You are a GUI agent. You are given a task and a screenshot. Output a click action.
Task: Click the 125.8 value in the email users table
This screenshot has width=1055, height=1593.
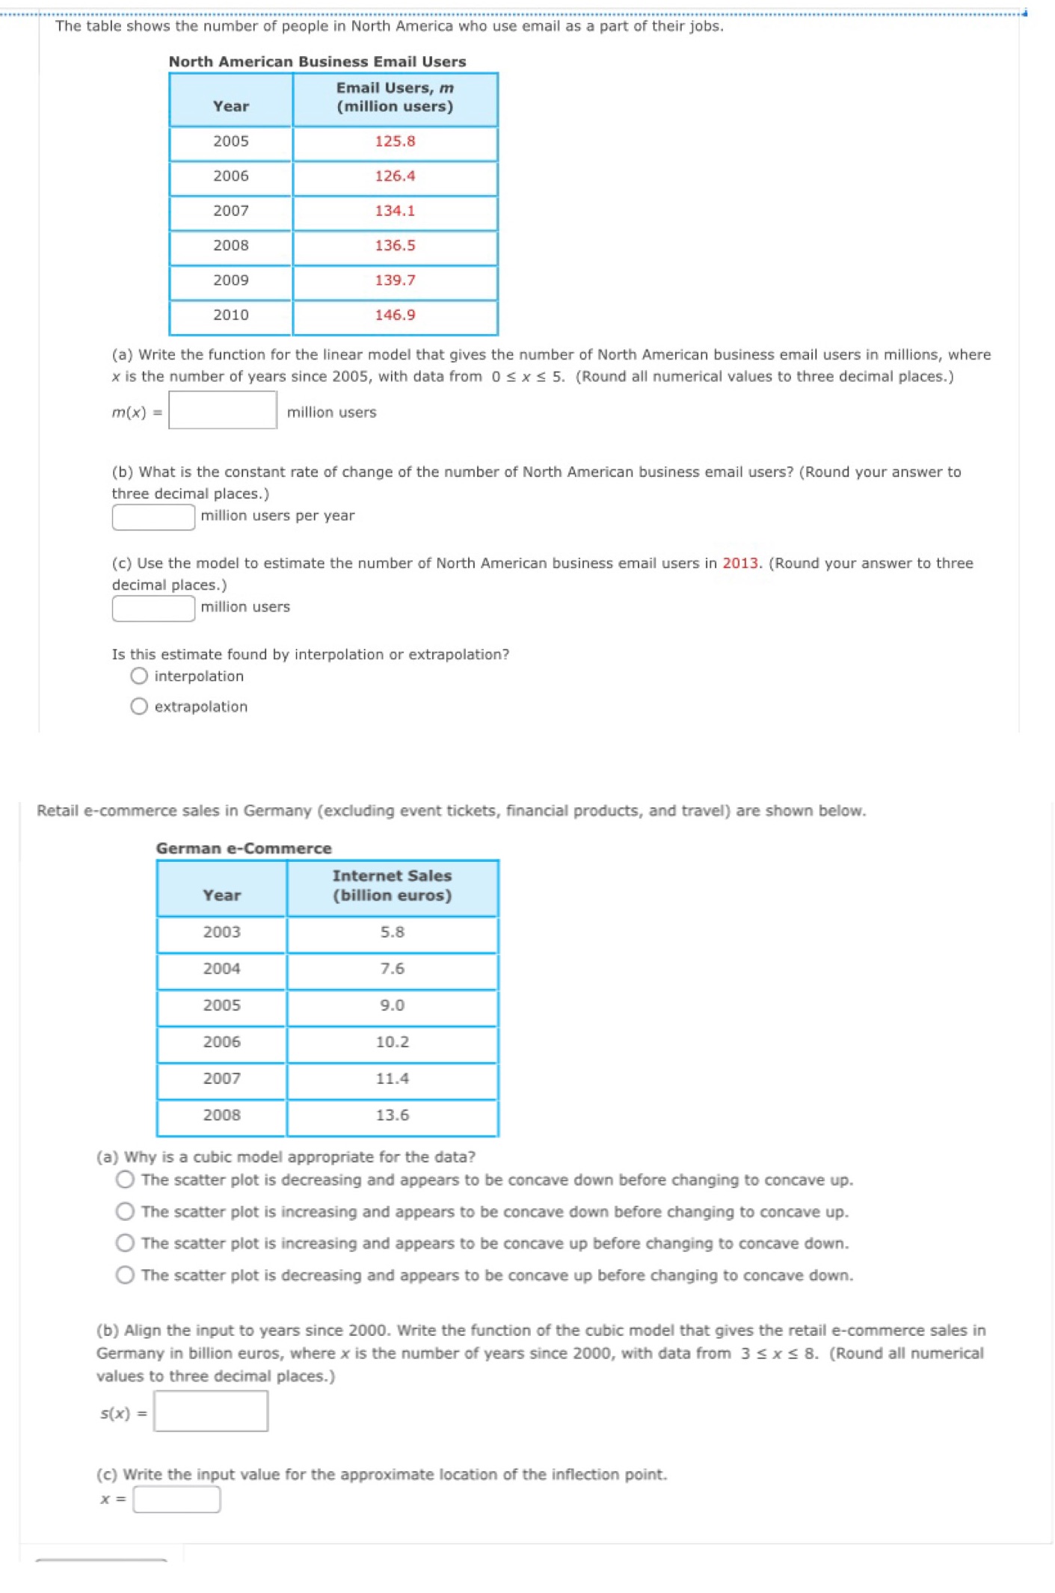click(395, 141)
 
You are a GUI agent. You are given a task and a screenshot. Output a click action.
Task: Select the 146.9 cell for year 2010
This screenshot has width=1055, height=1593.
click(395, 315)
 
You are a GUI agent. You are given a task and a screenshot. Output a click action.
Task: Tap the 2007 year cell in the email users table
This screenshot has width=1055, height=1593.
click(230, 211)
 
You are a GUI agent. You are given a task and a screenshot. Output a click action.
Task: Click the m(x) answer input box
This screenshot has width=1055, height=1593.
click(223, 410)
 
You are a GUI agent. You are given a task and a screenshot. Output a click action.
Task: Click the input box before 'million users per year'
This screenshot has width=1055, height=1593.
click(153, 517)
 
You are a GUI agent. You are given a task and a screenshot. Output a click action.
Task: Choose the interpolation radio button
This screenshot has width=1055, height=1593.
click(139, 676)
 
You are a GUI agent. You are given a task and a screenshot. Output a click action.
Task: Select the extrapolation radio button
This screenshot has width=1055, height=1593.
click(139, 706)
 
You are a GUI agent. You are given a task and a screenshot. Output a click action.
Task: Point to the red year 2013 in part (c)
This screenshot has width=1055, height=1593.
click(739, 563)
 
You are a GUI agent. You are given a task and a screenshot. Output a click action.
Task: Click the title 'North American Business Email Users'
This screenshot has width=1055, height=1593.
click(317, 61)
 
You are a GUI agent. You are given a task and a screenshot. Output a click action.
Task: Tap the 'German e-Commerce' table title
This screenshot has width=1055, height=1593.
click(244, 848)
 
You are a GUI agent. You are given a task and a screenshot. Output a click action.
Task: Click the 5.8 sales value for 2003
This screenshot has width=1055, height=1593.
click(392, 932)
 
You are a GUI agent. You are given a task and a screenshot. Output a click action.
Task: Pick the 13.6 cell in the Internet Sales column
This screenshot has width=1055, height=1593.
click(392, 1115)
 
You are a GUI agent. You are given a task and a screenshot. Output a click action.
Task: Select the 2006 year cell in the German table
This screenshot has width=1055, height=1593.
click(221, 1041)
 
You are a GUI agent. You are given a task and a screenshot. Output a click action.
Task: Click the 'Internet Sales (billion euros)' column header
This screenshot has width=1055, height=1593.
click(392, 886)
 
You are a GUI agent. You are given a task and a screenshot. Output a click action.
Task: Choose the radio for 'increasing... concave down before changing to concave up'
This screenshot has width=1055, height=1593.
click(125, 1211)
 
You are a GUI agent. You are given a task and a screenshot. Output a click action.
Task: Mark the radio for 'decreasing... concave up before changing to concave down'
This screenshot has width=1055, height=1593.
click(125, 1275)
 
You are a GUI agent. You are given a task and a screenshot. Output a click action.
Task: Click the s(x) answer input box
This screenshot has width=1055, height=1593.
click(211, 1411)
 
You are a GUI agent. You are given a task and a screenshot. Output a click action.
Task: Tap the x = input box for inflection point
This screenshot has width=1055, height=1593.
click(176, 1499)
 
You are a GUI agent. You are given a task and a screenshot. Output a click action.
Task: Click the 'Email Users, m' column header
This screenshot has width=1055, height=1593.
click(395, 97)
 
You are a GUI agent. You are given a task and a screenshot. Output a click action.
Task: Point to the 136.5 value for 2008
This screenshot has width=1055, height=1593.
click(395, 245)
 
